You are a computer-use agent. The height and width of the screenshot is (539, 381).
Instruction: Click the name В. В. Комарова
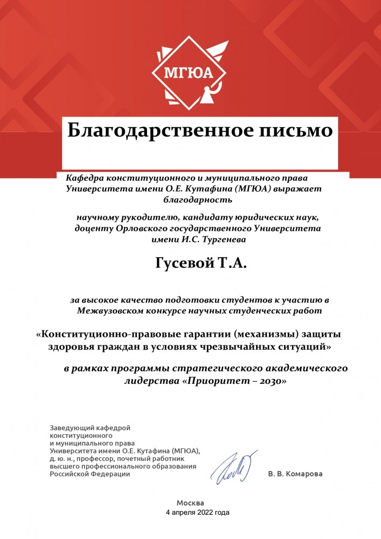(x=295, y=474)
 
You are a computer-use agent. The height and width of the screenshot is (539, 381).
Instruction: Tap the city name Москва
(x=190, y=502)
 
